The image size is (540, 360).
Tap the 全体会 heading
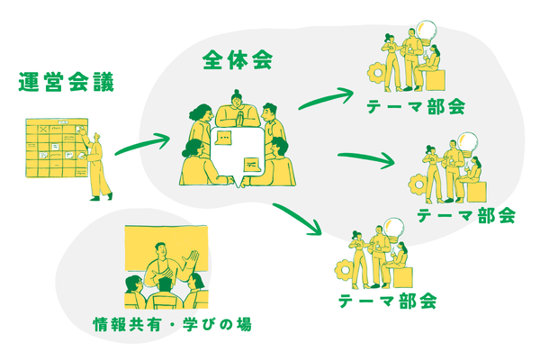coord(238,62)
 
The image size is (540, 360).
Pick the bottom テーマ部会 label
coord(388,301)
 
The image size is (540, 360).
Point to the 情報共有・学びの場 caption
coord(172,323)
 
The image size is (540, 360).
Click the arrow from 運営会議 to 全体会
coord(142,143)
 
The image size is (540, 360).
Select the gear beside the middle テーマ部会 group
coord(416,184)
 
